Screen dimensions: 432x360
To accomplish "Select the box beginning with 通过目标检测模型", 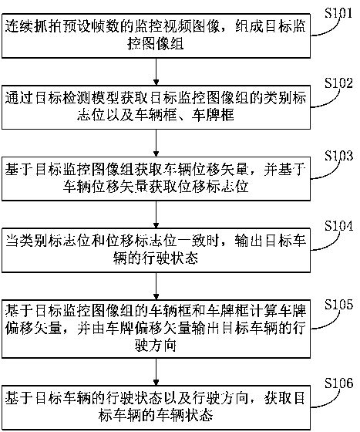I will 156,109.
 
